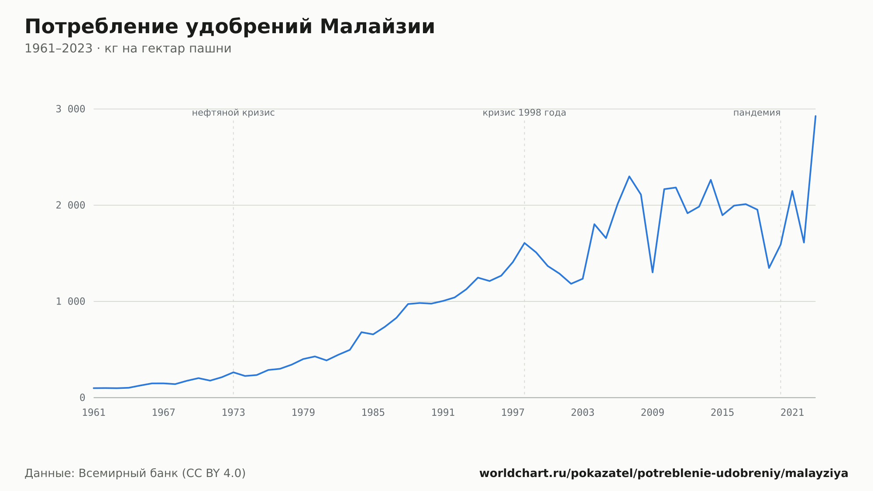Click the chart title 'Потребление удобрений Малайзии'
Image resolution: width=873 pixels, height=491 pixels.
point(230,27)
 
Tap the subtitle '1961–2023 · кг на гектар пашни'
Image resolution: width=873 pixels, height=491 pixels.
point(128,48)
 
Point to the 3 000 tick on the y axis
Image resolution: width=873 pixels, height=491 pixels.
point(70,109)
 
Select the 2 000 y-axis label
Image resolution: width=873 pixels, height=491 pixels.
point(70,205)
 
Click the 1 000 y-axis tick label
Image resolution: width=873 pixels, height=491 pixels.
point(70,301)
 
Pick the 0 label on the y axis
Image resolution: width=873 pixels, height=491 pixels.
point(82,398)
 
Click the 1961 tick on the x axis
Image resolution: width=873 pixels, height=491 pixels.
point(94,413)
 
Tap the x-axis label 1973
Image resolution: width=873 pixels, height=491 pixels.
point(234,413)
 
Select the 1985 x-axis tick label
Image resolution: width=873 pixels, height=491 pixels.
point(373,413)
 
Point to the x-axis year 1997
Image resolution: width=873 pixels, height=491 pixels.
point(513,413)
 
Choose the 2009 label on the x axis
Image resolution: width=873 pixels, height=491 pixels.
point(653,413)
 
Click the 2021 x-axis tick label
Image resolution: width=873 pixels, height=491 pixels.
point(792,413)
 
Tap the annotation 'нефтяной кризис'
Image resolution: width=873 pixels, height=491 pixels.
point(234,113)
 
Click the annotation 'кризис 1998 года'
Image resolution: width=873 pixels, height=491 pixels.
point(524,113)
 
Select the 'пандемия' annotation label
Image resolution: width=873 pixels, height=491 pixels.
point(757,113)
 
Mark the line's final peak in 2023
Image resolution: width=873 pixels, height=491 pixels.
point(815,116)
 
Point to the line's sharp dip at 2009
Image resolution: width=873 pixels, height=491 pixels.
point(653,273)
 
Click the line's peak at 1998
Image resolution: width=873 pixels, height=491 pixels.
point(524,243)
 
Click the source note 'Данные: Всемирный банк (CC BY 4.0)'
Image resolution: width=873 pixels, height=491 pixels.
point(135,474)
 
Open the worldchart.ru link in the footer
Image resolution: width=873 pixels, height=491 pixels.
point(664,474)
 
